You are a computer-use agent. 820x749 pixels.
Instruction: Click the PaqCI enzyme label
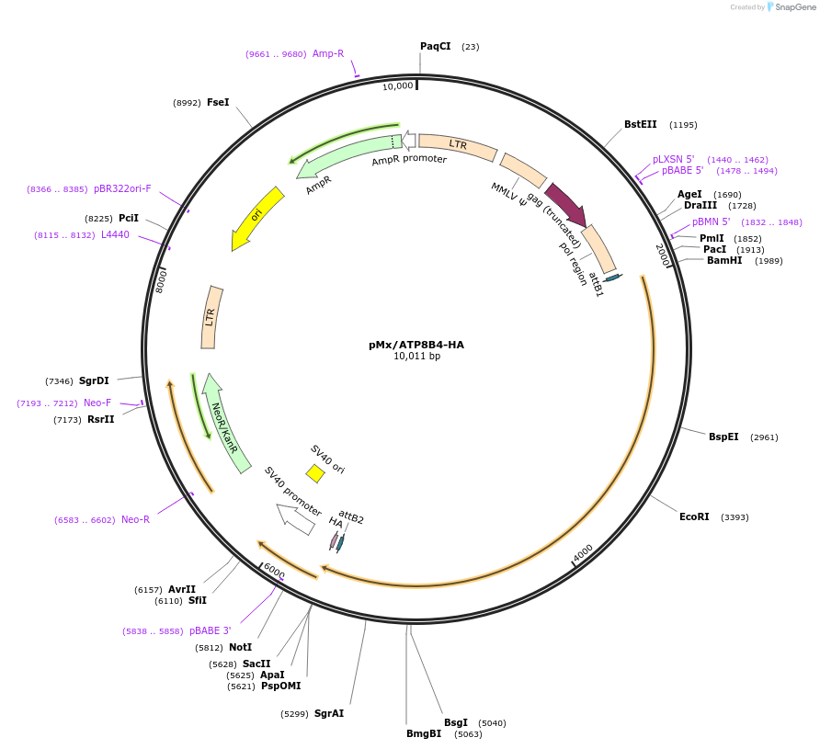click(x=435, y=46)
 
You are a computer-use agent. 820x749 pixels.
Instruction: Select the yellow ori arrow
click(x=258, y=217)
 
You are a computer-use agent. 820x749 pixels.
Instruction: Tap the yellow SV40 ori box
click(x=315, y=473)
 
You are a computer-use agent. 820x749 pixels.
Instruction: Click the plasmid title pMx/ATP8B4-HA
click(x=416, y=345)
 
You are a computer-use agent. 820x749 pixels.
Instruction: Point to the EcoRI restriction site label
click(x=694, y=516)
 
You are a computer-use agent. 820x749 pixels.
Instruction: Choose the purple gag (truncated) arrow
click(x=564, y=203)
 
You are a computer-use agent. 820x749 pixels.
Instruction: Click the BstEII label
click(x=641, y=124)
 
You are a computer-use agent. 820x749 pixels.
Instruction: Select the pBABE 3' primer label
click(x=211, y=630)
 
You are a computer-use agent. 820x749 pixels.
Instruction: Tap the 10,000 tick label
click(x=398, y=86)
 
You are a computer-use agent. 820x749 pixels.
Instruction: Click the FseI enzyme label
click(x=218, y=102)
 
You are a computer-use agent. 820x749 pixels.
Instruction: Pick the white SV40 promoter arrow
click(x=295, y=518)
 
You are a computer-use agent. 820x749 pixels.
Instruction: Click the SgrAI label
click(x=329, y=713)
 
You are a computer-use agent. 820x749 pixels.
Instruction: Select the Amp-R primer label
click(x=328, y=53)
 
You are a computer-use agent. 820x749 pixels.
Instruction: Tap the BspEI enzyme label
click(x=723, y=437)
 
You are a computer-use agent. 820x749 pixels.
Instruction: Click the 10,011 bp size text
click(x=416, y=357)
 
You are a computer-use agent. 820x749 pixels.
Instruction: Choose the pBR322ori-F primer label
click(x=122, y=188)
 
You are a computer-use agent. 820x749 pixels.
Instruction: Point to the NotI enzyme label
click(x=240, y=647)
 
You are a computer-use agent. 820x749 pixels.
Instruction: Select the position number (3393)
click(x=735, y=517)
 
